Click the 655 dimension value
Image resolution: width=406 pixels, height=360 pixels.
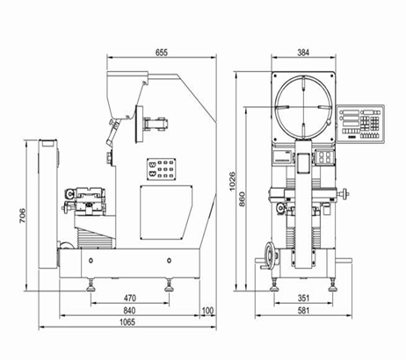[x=162, y=53]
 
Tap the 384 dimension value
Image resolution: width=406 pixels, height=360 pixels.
[x=303, y=53]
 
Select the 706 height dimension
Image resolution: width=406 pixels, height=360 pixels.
[x=23, y=216]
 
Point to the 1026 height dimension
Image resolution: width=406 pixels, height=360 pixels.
[x=232, y=182]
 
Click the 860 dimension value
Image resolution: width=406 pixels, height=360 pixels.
[x=242, y=199]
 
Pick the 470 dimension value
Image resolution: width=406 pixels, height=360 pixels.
[x=130, y=298]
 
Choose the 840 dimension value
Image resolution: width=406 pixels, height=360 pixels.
[x=129, y=310]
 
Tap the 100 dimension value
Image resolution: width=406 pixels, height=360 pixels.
[x=208, y=310]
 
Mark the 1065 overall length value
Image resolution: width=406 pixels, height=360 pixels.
[x=127, y=322]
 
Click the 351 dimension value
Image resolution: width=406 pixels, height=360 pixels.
[x=303, y=298]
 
